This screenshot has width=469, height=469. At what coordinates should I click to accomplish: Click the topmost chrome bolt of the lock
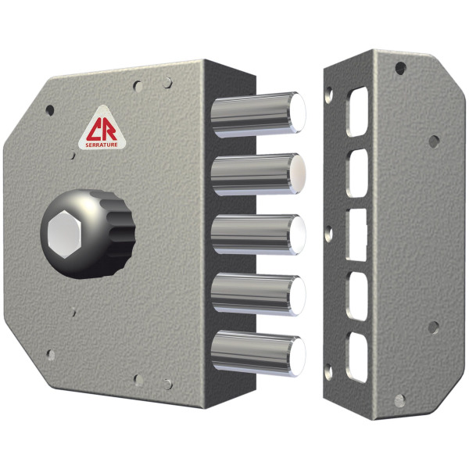258,115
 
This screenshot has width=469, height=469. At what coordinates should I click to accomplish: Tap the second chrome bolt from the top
258,174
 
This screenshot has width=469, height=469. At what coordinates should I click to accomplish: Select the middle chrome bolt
258,234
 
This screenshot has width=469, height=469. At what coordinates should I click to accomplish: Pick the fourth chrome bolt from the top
258,295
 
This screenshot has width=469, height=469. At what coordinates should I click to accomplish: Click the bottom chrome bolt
258,353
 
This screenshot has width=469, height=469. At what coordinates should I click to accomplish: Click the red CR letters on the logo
102,130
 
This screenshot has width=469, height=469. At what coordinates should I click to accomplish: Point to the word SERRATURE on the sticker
102,145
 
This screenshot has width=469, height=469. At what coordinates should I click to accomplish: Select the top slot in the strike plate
357,112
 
